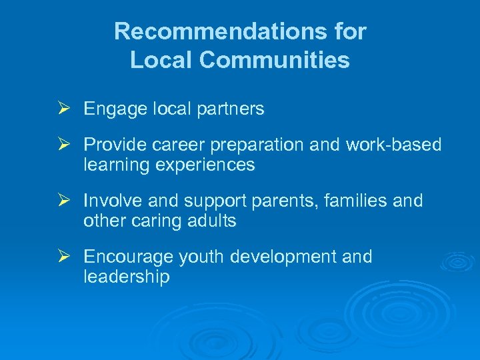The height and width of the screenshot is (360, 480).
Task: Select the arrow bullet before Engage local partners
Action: coord(65,108)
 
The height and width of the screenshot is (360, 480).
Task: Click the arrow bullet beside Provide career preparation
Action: coord(65,145)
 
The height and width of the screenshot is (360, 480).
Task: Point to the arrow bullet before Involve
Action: coord(65,200)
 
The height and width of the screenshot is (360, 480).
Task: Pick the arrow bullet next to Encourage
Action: coord(65,256)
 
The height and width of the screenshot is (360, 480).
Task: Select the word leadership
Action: coord(127,277)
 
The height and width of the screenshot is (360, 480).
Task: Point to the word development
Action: coord(285,257)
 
